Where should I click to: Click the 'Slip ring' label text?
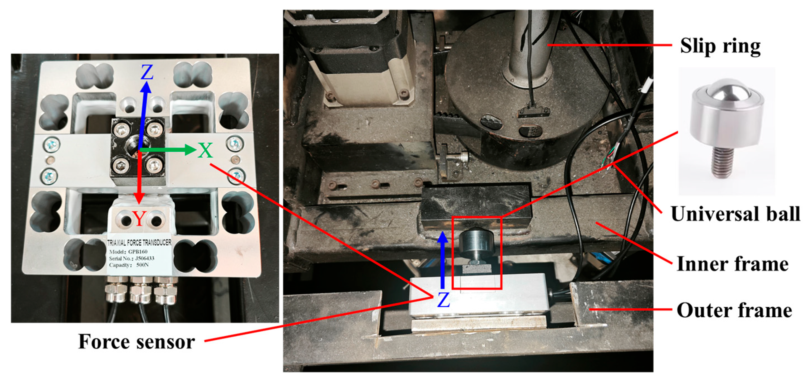(720, 46)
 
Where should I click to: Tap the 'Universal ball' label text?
(735, 214)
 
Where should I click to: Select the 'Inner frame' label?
(732, 264)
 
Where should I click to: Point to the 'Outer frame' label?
(734, 310)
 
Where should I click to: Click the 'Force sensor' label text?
(136, 341)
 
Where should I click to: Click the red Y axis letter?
(139, 218)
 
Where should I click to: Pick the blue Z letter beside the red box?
(443, 300)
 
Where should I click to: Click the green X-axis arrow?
(168, 150)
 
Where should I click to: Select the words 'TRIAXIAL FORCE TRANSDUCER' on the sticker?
(139, 243)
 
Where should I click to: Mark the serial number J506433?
(145, 258)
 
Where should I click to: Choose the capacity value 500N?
(143, 265)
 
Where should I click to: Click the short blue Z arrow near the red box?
(443, 260)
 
